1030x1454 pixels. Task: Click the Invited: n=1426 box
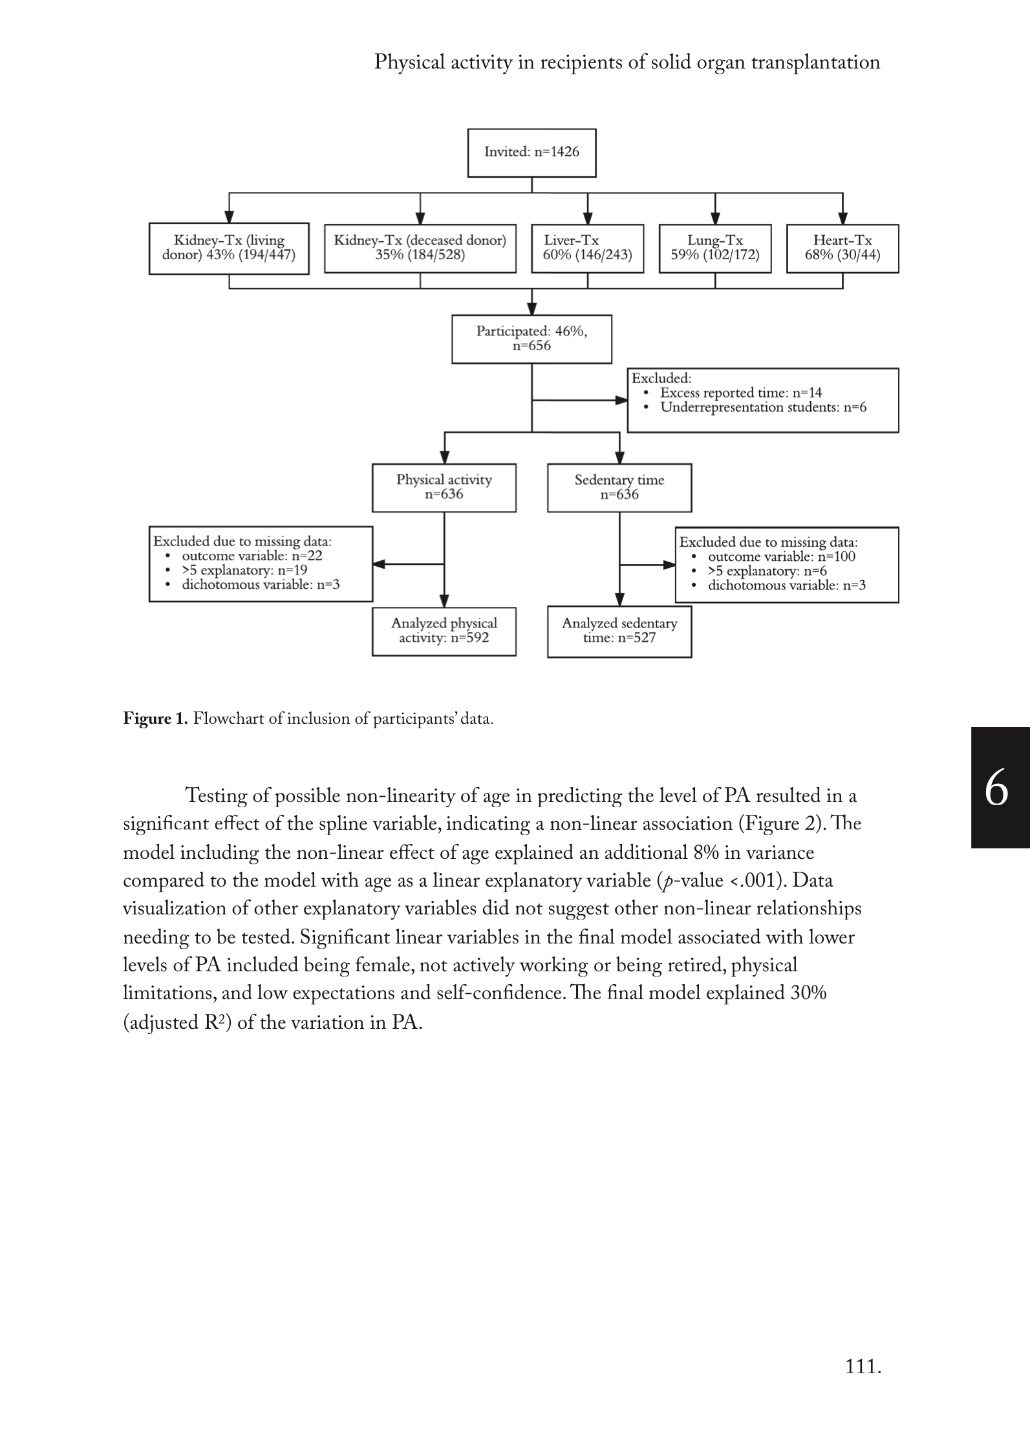(531, 153)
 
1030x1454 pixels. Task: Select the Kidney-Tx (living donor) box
(229, 248)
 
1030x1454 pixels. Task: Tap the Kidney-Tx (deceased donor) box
(420, 248)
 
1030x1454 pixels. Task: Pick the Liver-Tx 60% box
(587, 248)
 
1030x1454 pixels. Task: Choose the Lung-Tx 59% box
(714, 248)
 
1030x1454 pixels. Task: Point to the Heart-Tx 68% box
(842, 248)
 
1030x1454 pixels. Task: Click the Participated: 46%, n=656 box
(531, 339)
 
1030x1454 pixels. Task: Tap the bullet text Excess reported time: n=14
(741, 393)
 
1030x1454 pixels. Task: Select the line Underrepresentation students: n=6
(763, 408)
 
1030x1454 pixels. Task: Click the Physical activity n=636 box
(444, 487)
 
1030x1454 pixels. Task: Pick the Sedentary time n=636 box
(619, 487)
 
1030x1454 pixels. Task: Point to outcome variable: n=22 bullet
(252, 556)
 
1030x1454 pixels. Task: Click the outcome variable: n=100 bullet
(781, 556)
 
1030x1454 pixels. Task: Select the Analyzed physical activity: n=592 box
(444, 631)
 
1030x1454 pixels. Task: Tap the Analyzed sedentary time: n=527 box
(619, 631)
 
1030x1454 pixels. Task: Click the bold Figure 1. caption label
(155, 719)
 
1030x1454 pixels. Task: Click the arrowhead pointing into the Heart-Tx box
(842, 218)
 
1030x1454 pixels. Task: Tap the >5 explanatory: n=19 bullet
(244, 571)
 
